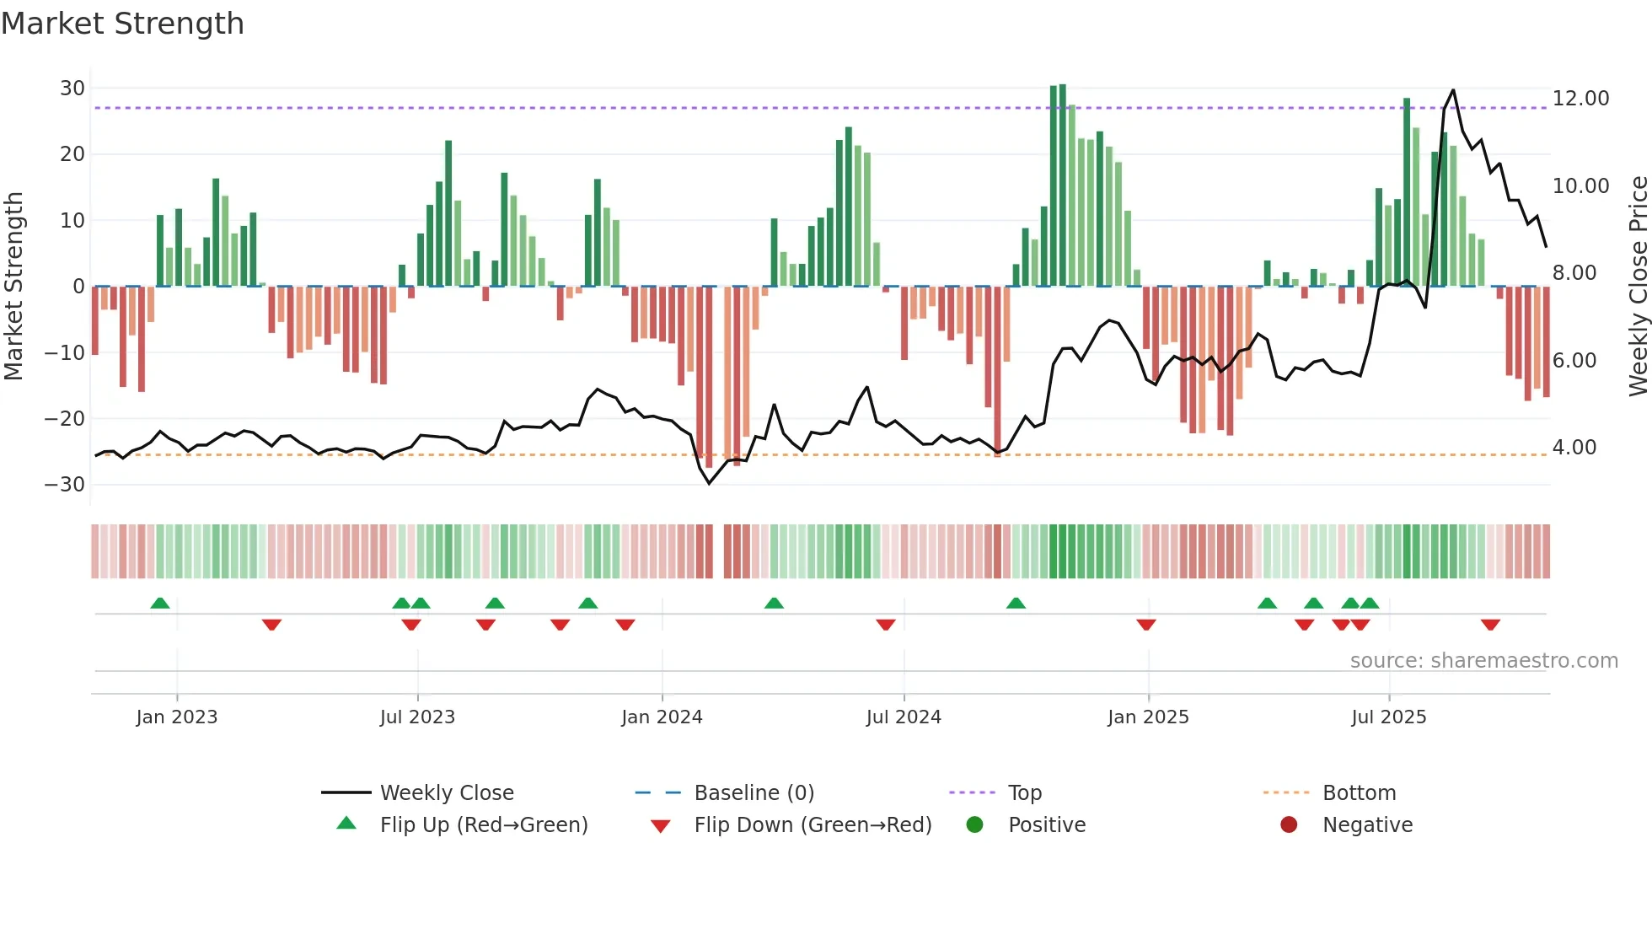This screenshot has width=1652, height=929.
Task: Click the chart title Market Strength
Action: (x=122, y=24)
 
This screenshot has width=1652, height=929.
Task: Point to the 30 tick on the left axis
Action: (x=72, y=89)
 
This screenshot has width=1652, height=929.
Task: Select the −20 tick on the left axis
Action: (x=65, y=419)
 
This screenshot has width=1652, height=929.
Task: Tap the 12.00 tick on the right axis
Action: (x=1580, y=99)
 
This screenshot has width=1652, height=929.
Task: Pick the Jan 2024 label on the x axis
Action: (x=662, y=717)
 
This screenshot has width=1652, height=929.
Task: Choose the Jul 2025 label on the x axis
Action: (x=1388, y=717)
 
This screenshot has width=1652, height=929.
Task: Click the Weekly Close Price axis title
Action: (x=1638, y=287)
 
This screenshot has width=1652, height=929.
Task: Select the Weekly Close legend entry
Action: (x=446, y=793)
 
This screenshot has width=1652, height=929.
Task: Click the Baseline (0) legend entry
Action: (x=754, y=793)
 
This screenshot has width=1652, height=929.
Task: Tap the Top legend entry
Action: (x=1024, y=793)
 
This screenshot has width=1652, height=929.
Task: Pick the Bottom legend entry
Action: (x=1359, y=793)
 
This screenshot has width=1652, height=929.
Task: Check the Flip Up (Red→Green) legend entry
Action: (x=483, y=825)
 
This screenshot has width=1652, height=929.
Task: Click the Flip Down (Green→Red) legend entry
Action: (x=813, y=825)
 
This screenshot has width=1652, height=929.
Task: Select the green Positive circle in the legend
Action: (x=975, y=825)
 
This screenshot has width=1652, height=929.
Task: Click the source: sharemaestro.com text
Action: (x=1483, y=661)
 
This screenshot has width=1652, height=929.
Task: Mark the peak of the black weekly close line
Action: (x=1453, y=90)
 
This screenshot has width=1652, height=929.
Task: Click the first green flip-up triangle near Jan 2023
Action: (x=160, y=603)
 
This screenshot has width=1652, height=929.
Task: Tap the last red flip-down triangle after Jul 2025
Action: (x=1490, y=625)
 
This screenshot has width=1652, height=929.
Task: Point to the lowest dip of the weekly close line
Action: (x=709, y=483)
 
